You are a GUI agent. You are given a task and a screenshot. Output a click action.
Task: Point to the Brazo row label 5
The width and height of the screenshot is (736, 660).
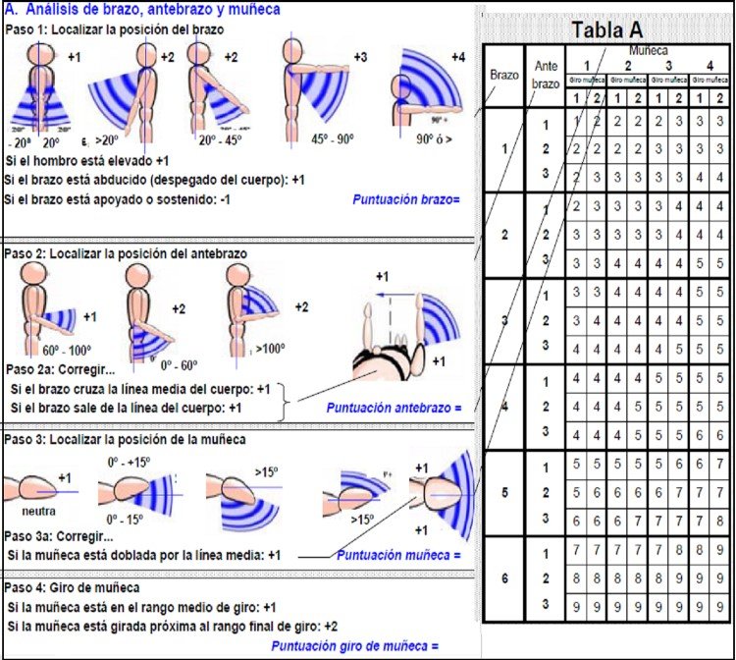pyautogui.click(x=503, y=493)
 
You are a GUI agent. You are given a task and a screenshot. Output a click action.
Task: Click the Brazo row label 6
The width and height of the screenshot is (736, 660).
pyautogui.click(x=503, y=579)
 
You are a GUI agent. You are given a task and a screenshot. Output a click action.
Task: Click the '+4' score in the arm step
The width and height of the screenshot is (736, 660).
pyautogui.click(x=458, y=57)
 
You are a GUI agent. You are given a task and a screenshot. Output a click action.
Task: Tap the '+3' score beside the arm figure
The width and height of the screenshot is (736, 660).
pyautogui.click(x=360, y=58)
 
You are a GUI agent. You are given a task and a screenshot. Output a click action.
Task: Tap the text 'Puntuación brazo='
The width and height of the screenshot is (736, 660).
pyautogui.click(x=405, y=199)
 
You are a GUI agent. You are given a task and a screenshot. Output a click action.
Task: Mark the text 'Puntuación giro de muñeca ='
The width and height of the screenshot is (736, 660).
pyautogui.click(x=353, y=645)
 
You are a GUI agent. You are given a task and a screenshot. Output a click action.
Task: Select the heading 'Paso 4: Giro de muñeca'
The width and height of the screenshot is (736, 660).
pyautogui.click(x=79, y=587)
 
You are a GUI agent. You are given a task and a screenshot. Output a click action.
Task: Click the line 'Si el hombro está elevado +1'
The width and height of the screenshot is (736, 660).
pyautogui.click(x=87, y=159)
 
